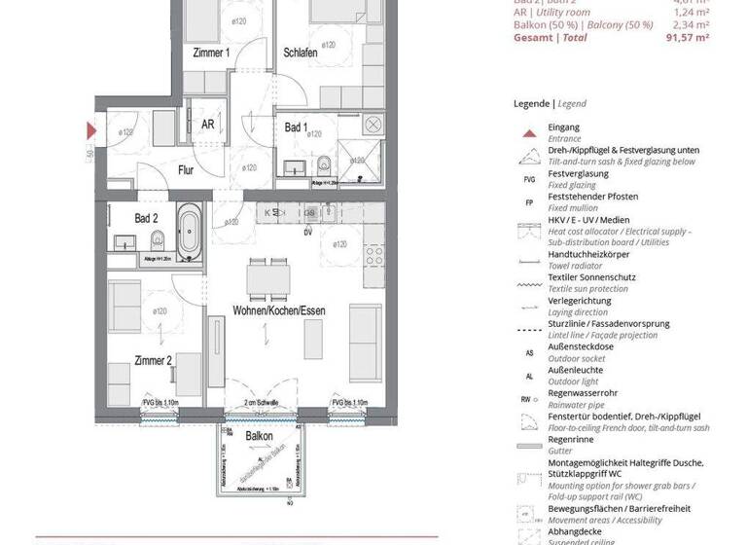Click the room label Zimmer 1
tap(211, 53)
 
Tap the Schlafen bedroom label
tap(300, 53)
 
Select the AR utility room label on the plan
tap(207, 125)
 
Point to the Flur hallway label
tap(186, 169)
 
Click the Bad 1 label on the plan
tap(296, 127)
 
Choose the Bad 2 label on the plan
tap(147, 218)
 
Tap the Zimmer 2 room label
tap(154, 360)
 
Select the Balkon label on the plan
tap(259, 436)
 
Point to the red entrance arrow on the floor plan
tap(91, 129)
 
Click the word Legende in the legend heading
tap(532, 103)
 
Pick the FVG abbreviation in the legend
tap(528, 179)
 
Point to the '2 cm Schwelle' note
tap(260, 402)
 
